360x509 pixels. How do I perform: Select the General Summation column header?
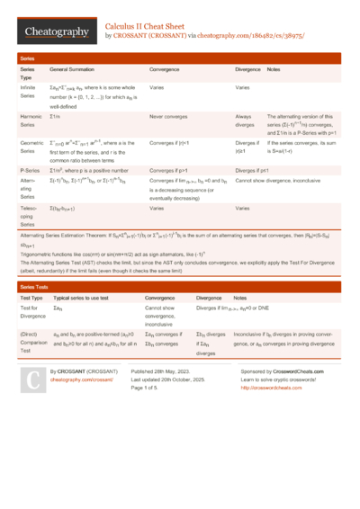75,68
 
